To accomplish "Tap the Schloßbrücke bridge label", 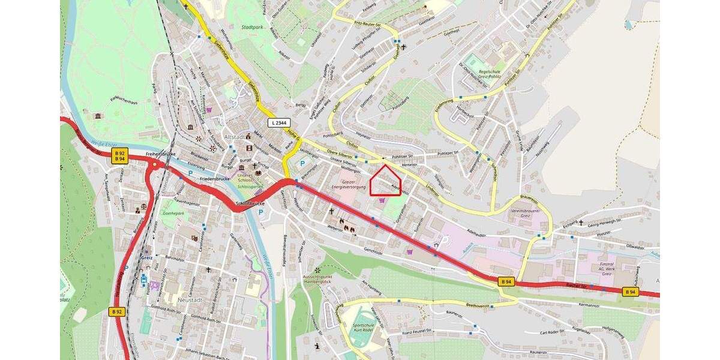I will point(250,204).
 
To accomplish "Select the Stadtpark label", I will point(253,28).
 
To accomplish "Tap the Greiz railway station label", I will point(146,257).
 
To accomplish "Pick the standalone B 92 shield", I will point(116,311).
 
